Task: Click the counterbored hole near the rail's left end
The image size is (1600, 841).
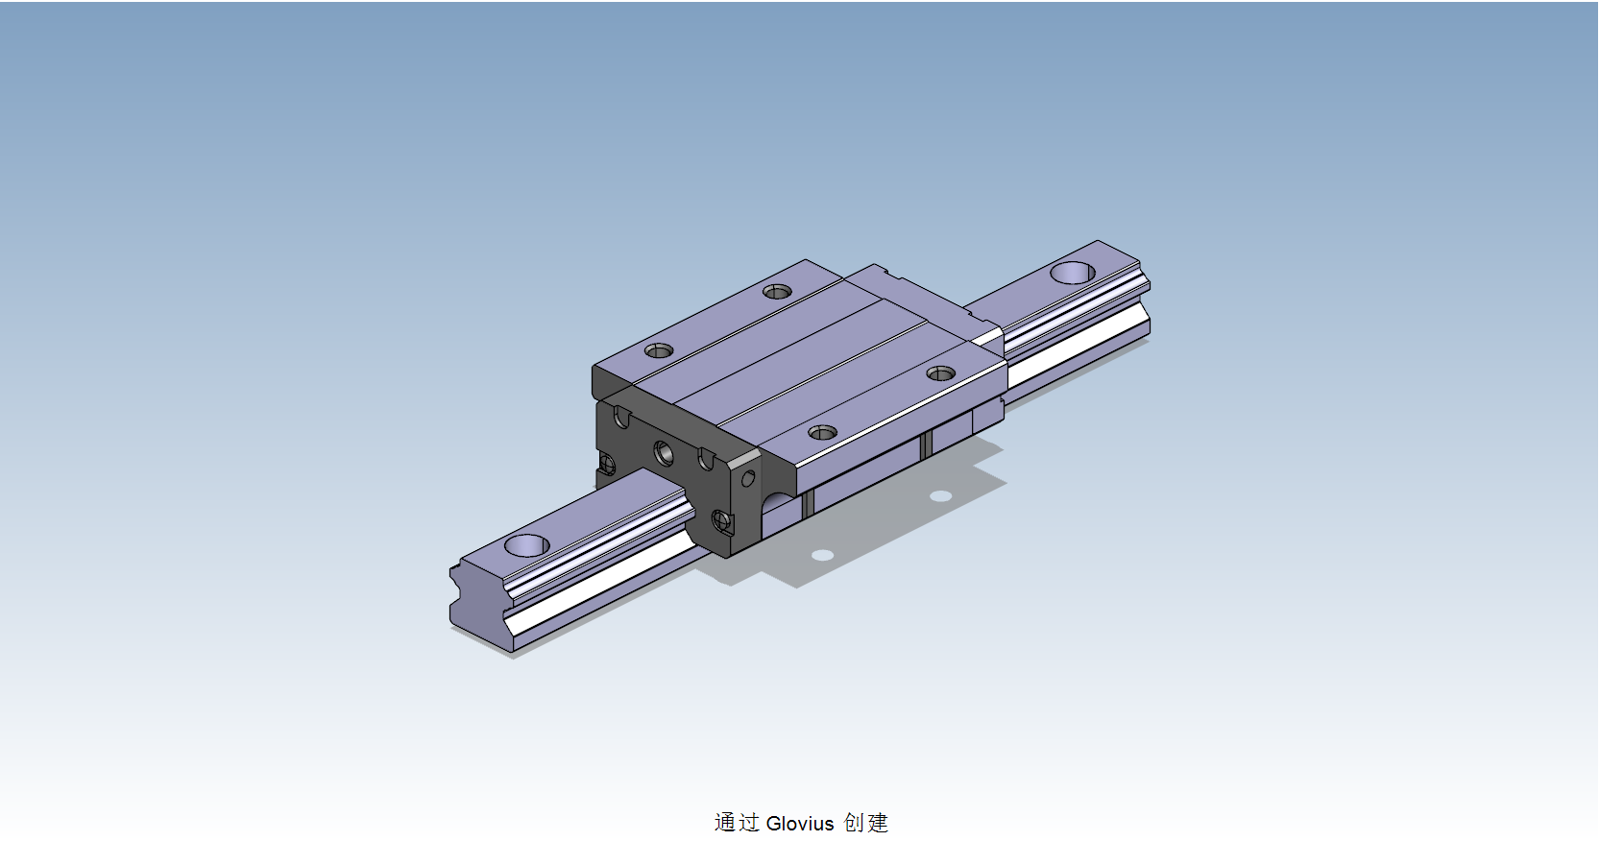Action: point(526,545)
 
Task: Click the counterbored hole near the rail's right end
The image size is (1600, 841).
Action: point(1072,273)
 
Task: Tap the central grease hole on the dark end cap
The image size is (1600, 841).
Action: point(664,451)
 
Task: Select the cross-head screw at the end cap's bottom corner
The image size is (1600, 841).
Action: point(722,522)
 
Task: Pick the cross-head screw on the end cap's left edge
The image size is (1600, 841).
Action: point(607,465)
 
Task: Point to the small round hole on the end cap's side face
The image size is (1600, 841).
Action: point(748,477)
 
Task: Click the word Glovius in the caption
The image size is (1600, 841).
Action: point(800,823)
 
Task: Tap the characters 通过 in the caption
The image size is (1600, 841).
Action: point(737,823)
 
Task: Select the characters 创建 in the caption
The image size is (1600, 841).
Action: point(865,823)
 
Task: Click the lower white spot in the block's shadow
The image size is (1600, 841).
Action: point(822,555)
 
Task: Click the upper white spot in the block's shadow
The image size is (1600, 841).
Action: point(941,496)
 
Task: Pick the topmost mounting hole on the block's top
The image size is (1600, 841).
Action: point(777,291)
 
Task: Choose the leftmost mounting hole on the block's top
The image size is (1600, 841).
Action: point(658,350)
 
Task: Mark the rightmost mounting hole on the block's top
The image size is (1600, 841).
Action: point(940,373)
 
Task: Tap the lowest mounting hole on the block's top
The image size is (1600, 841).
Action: point(822,433)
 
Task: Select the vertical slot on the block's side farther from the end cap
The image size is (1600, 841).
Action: point(927,445)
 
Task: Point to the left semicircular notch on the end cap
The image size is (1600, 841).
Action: point(622,418)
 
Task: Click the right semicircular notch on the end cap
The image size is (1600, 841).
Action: point(706,459)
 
